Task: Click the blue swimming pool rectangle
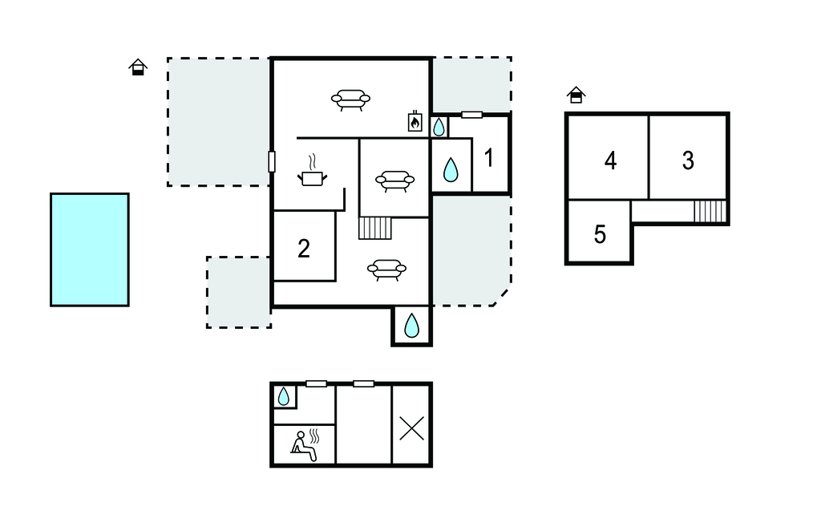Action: pos(90,249)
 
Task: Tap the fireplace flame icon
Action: pos(415,122)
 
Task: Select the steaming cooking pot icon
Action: pos(313,172)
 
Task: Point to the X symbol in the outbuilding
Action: pos(411,428)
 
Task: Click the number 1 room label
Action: pos(489,158)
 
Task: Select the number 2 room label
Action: pos(304,249)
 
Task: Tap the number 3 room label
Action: pos(688,160)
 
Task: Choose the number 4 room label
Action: pos(610,160)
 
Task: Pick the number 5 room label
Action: pos(600,234)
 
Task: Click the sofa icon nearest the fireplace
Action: pos(351,99)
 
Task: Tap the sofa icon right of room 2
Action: pos(387,270)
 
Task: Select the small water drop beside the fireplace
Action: pos(439,127)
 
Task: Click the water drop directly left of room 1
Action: pos(451,170)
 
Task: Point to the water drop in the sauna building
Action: pos(283,397)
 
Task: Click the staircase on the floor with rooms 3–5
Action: pos(710,211)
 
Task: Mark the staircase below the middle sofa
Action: pos(375,228)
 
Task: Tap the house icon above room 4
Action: pos(576,95)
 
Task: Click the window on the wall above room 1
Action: pos(471,115)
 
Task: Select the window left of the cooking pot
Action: pos(272,161)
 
